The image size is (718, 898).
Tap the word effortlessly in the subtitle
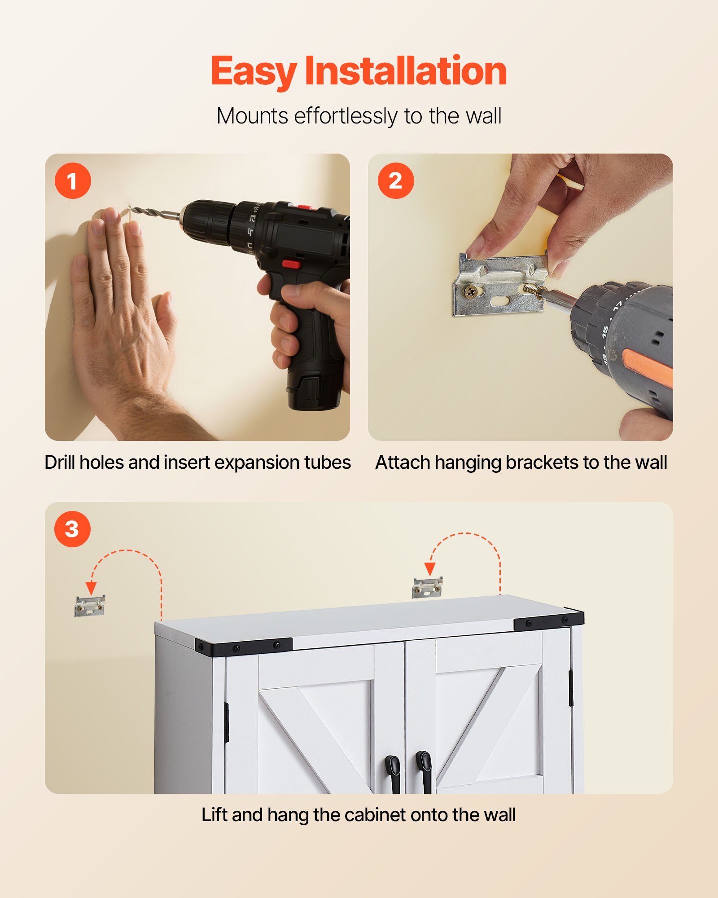coord(345,116)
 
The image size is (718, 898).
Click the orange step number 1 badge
coord(73,181)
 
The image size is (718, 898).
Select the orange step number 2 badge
coord(395,181)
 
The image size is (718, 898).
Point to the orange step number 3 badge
coord(72,529)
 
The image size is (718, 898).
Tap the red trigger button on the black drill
coord(291,264)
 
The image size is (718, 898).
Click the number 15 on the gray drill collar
coord(605,331)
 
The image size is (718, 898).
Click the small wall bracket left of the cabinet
coord(90,606)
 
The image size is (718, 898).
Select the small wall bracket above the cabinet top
coord(427,587)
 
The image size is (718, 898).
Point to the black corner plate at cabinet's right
coord(548,621)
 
